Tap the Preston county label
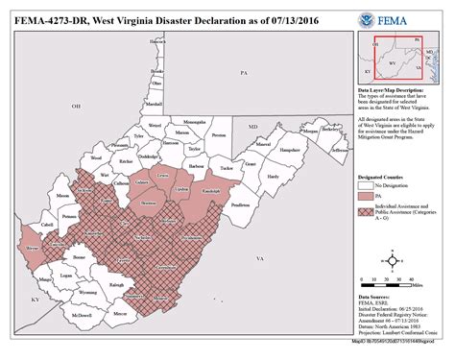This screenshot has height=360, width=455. point(219,136)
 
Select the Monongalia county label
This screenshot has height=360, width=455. point(194,123)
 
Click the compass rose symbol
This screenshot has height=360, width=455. point(391,260)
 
